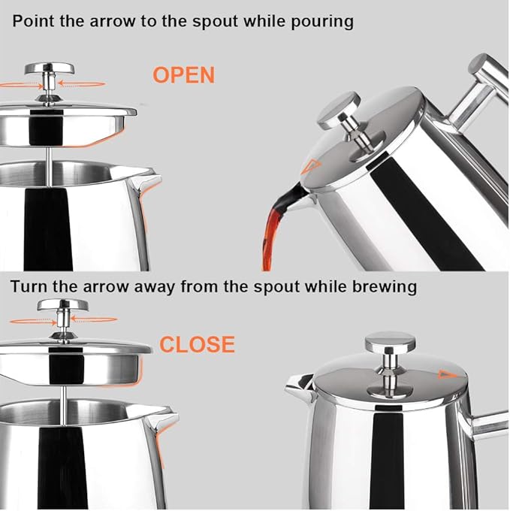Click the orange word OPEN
coord(184,75)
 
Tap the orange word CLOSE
coord(197,345)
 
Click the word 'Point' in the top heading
coord(32,20)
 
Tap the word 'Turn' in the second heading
coord(28,286)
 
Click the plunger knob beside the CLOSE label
coord(62,305)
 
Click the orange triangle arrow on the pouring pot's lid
coord(311,167)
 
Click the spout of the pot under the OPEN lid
coord(146,180)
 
